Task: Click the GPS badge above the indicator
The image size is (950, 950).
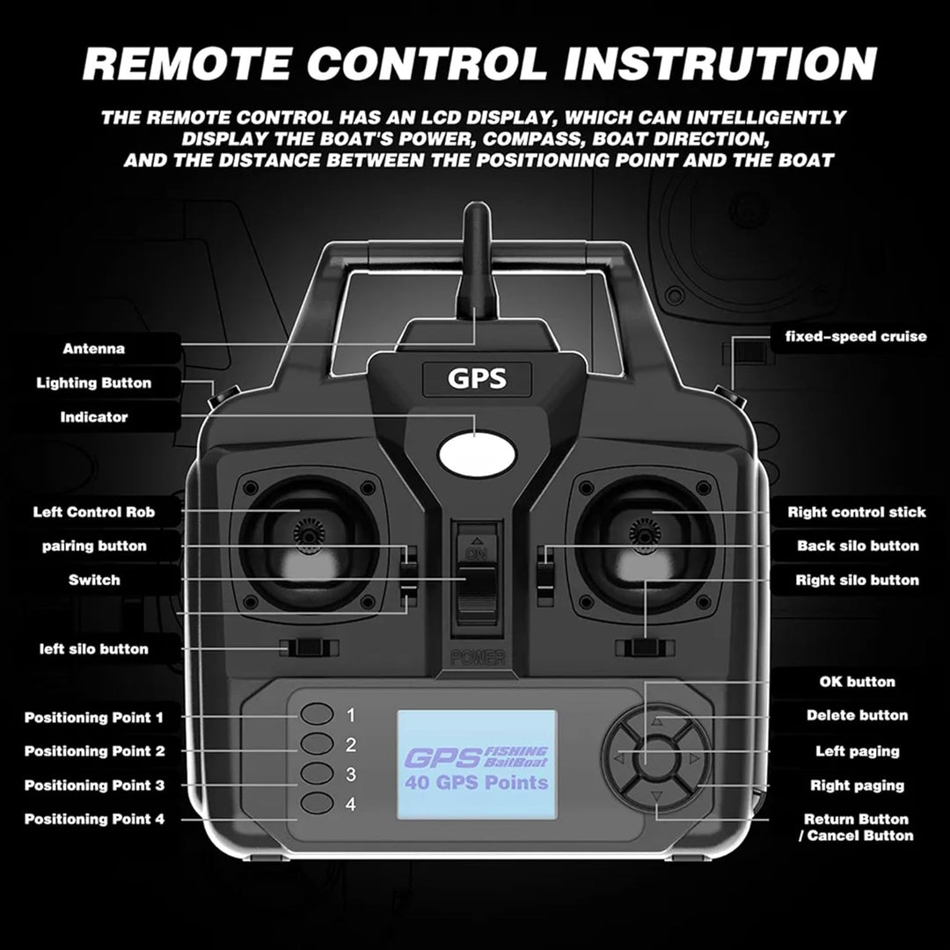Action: click(477, 378)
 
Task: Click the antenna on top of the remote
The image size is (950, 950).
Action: click(475, 255)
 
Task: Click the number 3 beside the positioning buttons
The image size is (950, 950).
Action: click(350, 775)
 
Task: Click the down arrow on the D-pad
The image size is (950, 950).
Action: click(655, 797)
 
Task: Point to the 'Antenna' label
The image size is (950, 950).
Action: click(93, 348)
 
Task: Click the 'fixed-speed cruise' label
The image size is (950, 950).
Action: click(855, 337)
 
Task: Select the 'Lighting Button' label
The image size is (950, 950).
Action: click(93, 383)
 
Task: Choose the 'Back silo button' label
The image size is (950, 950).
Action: click(858, 545)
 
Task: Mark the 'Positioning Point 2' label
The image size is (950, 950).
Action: click(94, 751)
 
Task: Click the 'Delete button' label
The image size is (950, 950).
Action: click(857, 715)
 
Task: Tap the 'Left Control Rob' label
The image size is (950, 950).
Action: click(93, 512)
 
